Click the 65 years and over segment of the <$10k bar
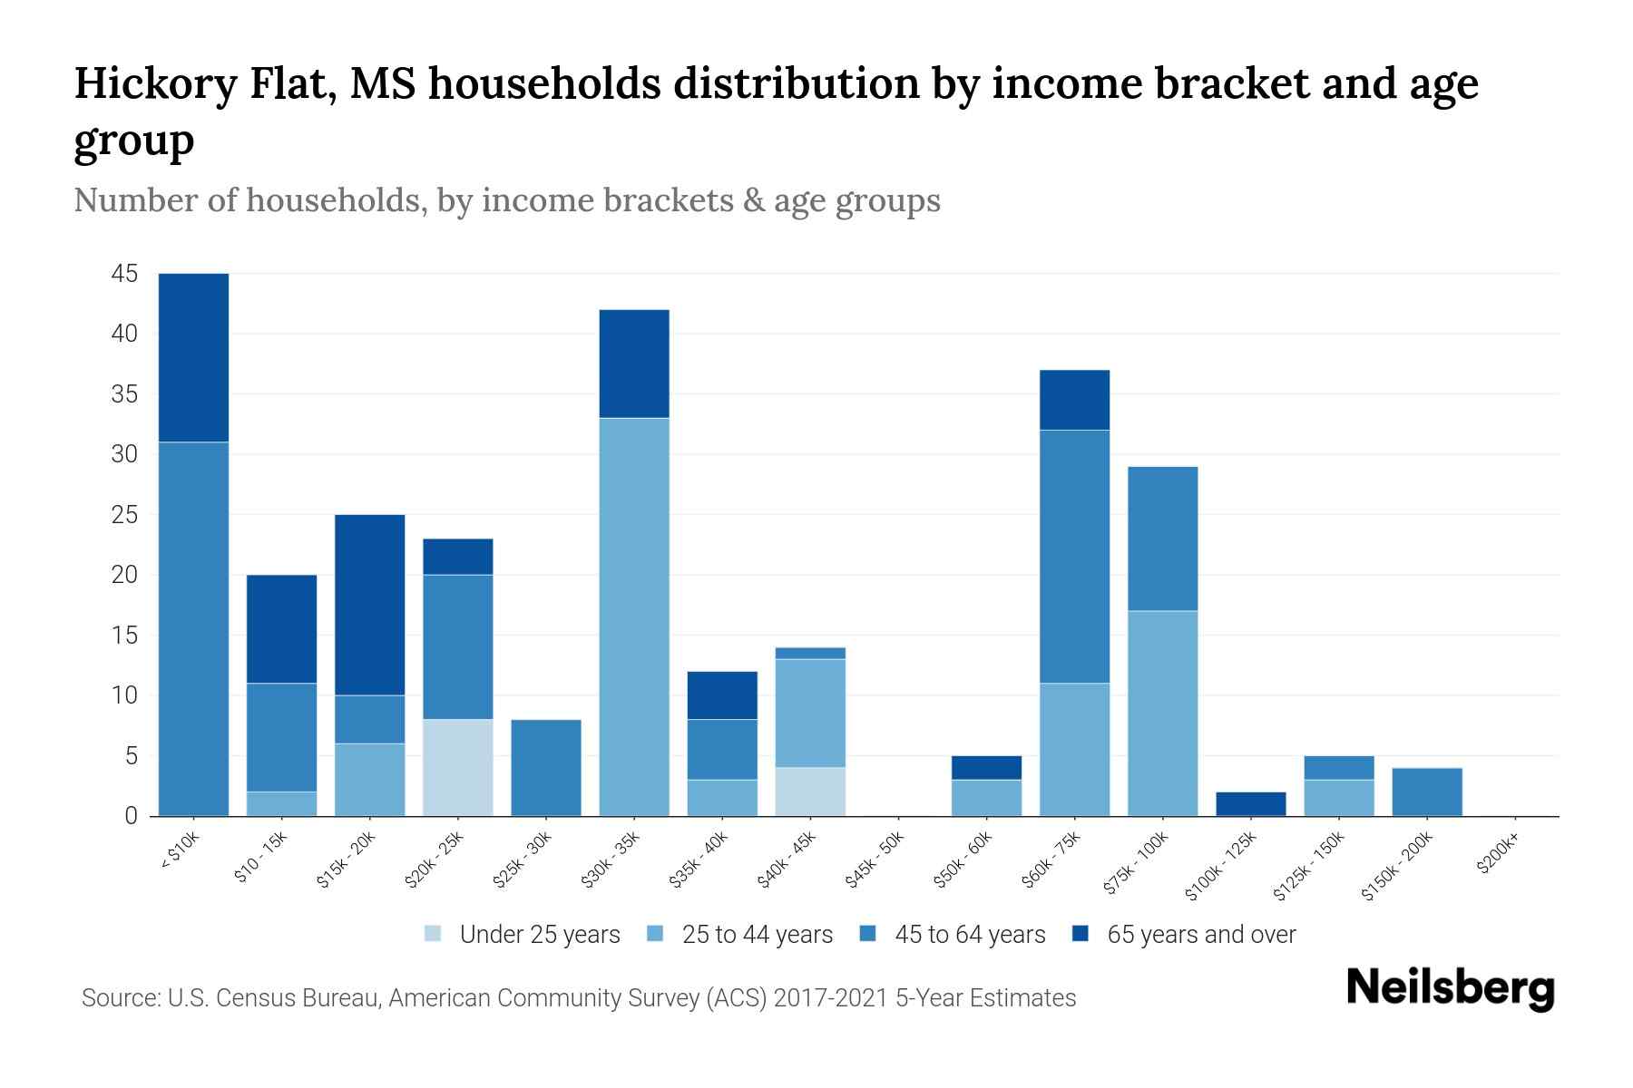pyautogui.click(x=193, y=357)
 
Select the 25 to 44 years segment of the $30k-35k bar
pyautogui.click(x=634, y=617)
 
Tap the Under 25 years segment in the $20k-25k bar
pyautogui.click(x=458, y=767)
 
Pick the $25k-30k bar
pyautogui.click(x=546, y=767)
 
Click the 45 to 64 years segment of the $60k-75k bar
pyautogui.click(x=1075, y=556)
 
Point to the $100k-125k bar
pyautogui.click(x=1251, y=804)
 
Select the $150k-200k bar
pyautogui.click(x=1427, y=792)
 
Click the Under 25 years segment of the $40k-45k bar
pyautogui.click(x=810, y=792)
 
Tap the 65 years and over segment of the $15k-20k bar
pyautogui.click(x=370, y=605)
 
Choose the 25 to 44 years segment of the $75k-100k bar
pyautogui.click(x=1163, y=713)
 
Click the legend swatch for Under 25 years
pyautogui.click(x=434, y=934)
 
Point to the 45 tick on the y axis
pyautogui.click(x=125, y=274)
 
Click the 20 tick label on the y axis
pyautogui.click(x=125, y=575)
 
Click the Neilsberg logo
pyautogui.click(x=1450, y=989)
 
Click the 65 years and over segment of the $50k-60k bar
pyautogui.click(x=987, y=767)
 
